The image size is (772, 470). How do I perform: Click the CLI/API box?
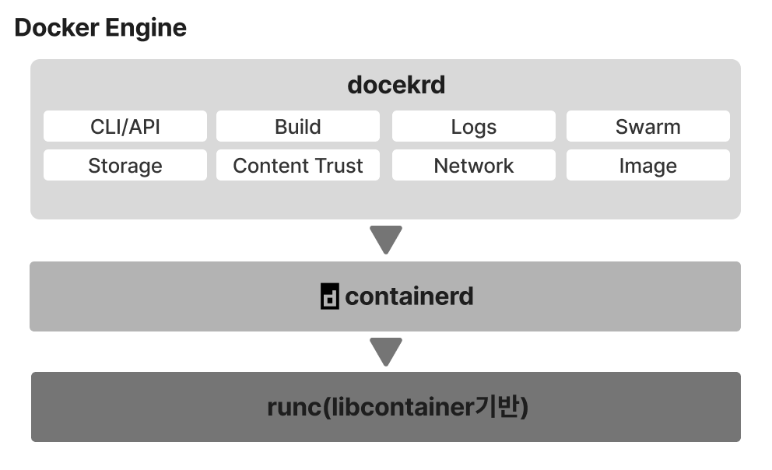pos(125,127)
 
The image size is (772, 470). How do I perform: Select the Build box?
pos(298,127)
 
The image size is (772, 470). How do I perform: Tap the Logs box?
pos(473,127)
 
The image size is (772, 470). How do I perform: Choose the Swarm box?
pos(647,127)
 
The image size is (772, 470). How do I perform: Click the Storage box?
pos(125,166)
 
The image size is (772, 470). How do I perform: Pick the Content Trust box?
pos(298,166)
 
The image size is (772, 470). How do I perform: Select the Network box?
pos(473,166)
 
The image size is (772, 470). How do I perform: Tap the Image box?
pos(647,166)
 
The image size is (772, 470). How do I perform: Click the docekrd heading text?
pos(396,85)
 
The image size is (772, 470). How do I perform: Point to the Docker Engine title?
pos(100,28)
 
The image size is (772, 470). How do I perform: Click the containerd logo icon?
pos(330,297)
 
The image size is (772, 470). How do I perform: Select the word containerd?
pos(409,296)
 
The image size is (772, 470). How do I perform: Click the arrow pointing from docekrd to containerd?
pos(386,240)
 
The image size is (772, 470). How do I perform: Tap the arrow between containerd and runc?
pos(386,352)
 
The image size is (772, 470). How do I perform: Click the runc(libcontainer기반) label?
pos(398,407)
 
